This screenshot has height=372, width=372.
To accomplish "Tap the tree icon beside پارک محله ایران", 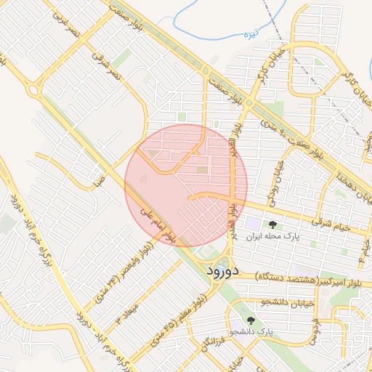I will (272, 225).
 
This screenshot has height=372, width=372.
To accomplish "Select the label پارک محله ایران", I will (272, 237).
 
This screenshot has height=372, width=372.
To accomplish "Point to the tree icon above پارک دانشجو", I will (251, 320).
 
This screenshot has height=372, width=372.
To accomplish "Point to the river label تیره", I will (272, 33).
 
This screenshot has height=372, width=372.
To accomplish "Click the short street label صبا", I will (99, 178).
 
